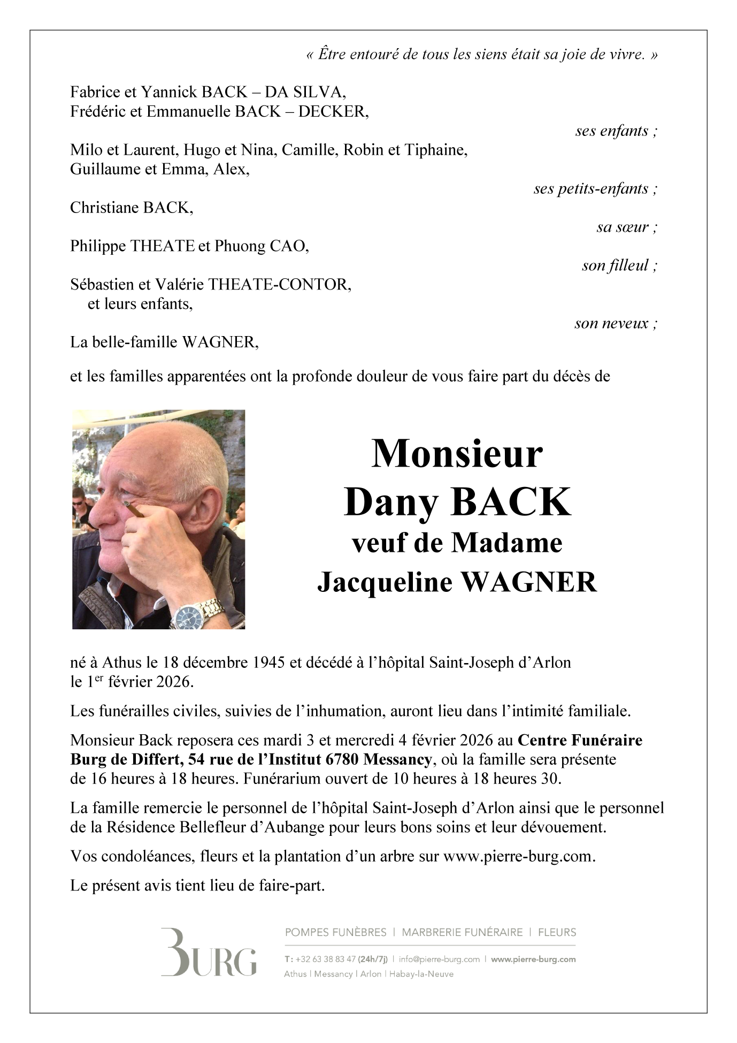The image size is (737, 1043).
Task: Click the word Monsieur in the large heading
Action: coord(457,454)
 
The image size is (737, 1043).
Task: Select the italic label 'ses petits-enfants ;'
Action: coord(595,188)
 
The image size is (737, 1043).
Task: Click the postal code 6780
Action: coord(342,759)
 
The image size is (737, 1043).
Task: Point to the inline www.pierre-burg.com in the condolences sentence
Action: coord(518,856)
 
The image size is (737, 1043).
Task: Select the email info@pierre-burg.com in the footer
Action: coord(439,960)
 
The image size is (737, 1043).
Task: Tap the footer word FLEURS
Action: coord(557,932)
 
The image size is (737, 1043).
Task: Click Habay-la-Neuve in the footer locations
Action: coord(421,974)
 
